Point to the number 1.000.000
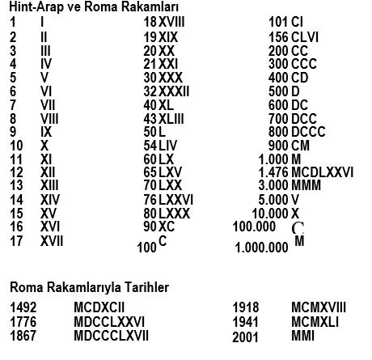(261, 249)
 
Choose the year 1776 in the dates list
(23, 323)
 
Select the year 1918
(245, 308)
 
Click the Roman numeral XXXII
(174, 91)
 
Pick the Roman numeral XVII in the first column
(52, 241)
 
